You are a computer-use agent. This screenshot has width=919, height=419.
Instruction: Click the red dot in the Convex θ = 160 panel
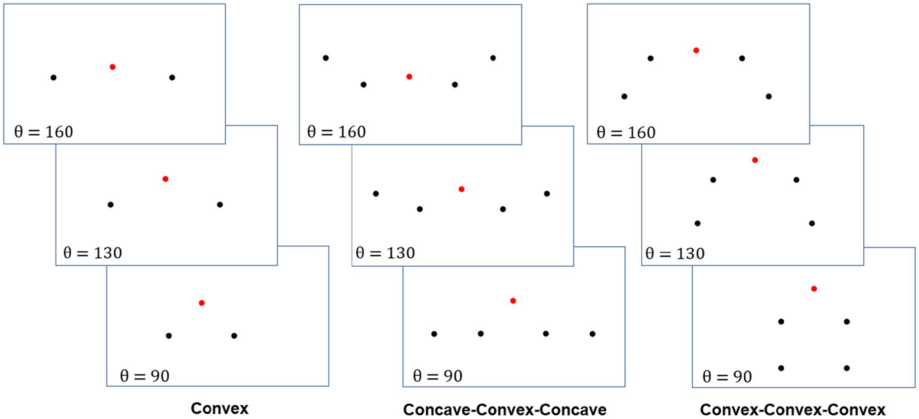[x=113, y=67]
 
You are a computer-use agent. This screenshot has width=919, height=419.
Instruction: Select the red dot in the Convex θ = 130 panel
[x=165, y=179]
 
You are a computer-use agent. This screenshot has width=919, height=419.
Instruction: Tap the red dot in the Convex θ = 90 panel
[x=202, y=303]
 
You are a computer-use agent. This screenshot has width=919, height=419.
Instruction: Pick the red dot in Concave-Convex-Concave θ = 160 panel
[x=409, y=76]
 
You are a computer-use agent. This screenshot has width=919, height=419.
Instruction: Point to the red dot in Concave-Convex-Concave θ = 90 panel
[x=512, y=300]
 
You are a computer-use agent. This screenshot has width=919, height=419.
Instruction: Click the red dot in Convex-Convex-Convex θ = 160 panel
[x=696, y=50]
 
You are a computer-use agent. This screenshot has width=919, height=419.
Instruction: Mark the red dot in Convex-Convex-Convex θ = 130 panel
[x=755, y=160]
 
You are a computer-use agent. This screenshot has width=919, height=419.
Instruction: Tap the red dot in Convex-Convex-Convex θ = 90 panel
[x=814, y=288]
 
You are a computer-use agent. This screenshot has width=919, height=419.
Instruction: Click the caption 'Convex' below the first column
[x=219, y=409]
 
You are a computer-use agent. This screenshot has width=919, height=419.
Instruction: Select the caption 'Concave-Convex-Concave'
[x=505, y=409]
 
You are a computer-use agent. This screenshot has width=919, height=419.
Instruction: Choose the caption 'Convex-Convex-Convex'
[x=792, y=409]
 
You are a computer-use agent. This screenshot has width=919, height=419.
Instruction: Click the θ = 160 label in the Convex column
[x=43, y=131]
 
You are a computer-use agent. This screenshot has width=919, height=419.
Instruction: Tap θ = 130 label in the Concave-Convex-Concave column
[x=385, y=252]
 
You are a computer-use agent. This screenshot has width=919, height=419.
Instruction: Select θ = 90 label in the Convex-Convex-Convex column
[x=727, y=376]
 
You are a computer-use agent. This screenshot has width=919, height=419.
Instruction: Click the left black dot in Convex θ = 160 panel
[x=53, y=77]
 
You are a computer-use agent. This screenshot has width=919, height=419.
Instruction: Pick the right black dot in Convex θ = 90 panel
[x=234, y=336]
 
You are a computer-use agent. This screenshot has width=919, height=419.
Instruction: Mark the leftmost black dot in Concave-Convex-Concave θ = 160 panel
[x=326, y=58]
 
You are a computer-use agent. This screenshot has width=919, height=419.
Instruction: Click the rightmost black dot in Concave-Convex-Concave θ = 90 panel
[x=592, y=333]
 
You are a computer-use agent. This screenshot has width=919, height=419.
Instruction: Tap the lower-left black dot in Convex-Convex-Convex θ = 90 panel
[x=781, y=368]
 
